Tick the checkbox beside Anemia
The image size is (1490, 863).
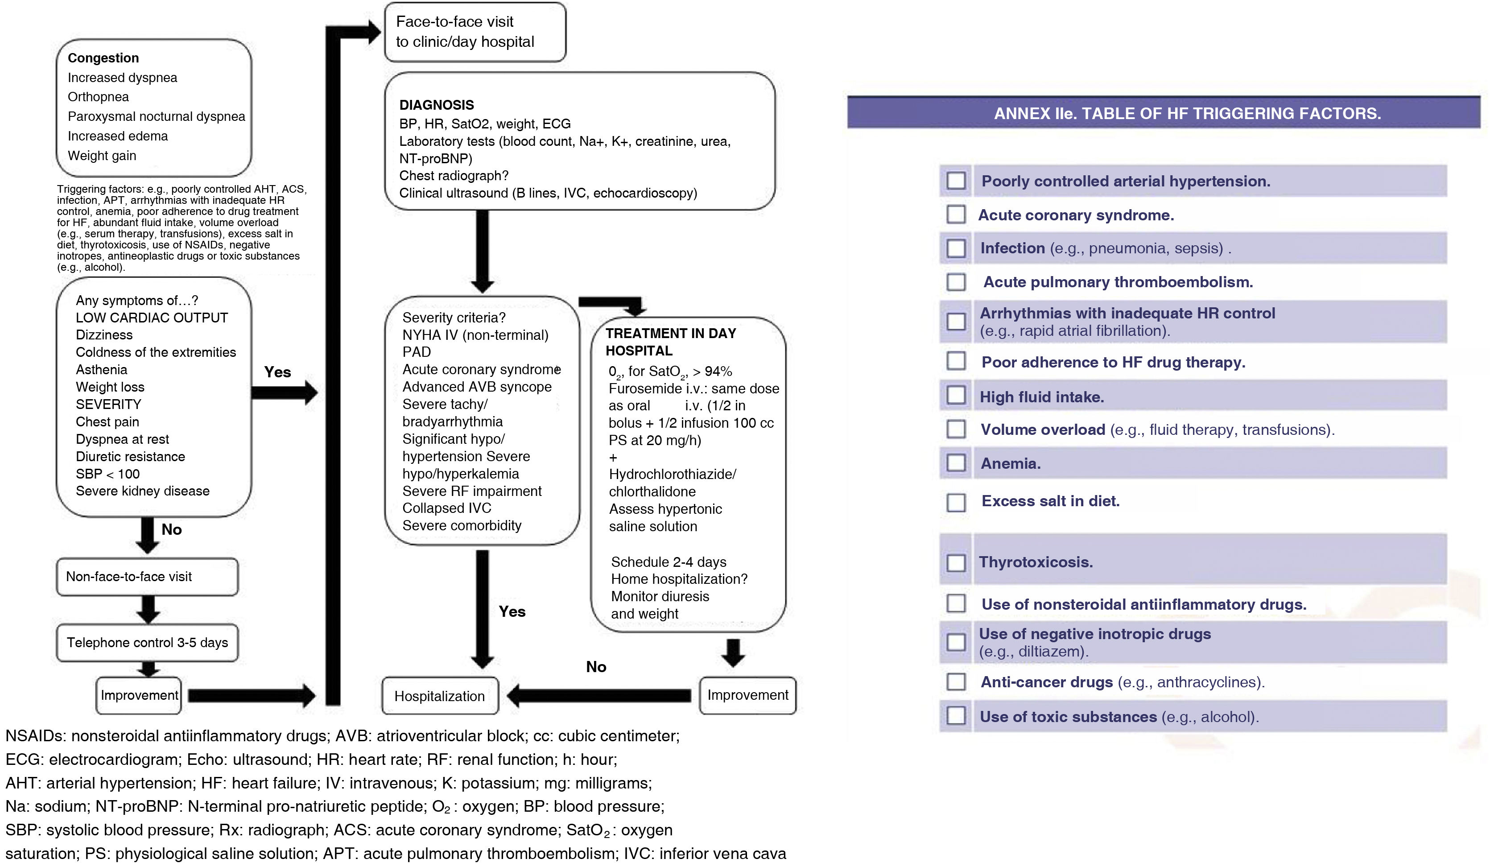point(955,463)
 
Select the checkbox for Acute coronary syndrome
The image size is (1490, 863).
point(955,215)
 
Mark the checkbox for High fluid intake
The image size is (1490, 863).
point(955,396)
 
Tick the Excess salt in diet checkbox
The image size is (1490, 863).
point(955,503)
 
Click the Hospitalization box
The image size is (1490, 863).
point(439,696)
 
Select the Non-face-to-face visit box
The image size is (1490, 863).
point(147,576)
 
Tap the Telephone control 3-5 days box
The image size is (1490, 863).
point(147,643)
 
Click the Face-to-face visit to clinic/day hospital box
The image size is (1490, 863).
point(475,32)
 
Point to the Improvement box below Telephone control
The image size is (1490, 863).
point(139,695)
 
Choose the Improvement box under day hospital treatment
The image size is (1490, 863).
point(747,695)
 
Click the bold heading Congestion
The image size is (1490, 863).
point(103,58)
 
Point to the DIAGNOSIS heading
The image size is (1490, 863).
point(436,105)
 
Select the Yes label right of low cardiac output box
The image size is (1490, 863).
point(277,372)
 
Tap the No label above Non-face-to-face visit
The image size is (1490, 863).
point(171,529)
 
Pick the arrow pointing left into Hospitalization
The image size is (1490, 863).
point(598,696)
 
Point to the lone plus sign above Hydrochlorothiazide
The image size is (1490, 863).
point(613,458)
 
